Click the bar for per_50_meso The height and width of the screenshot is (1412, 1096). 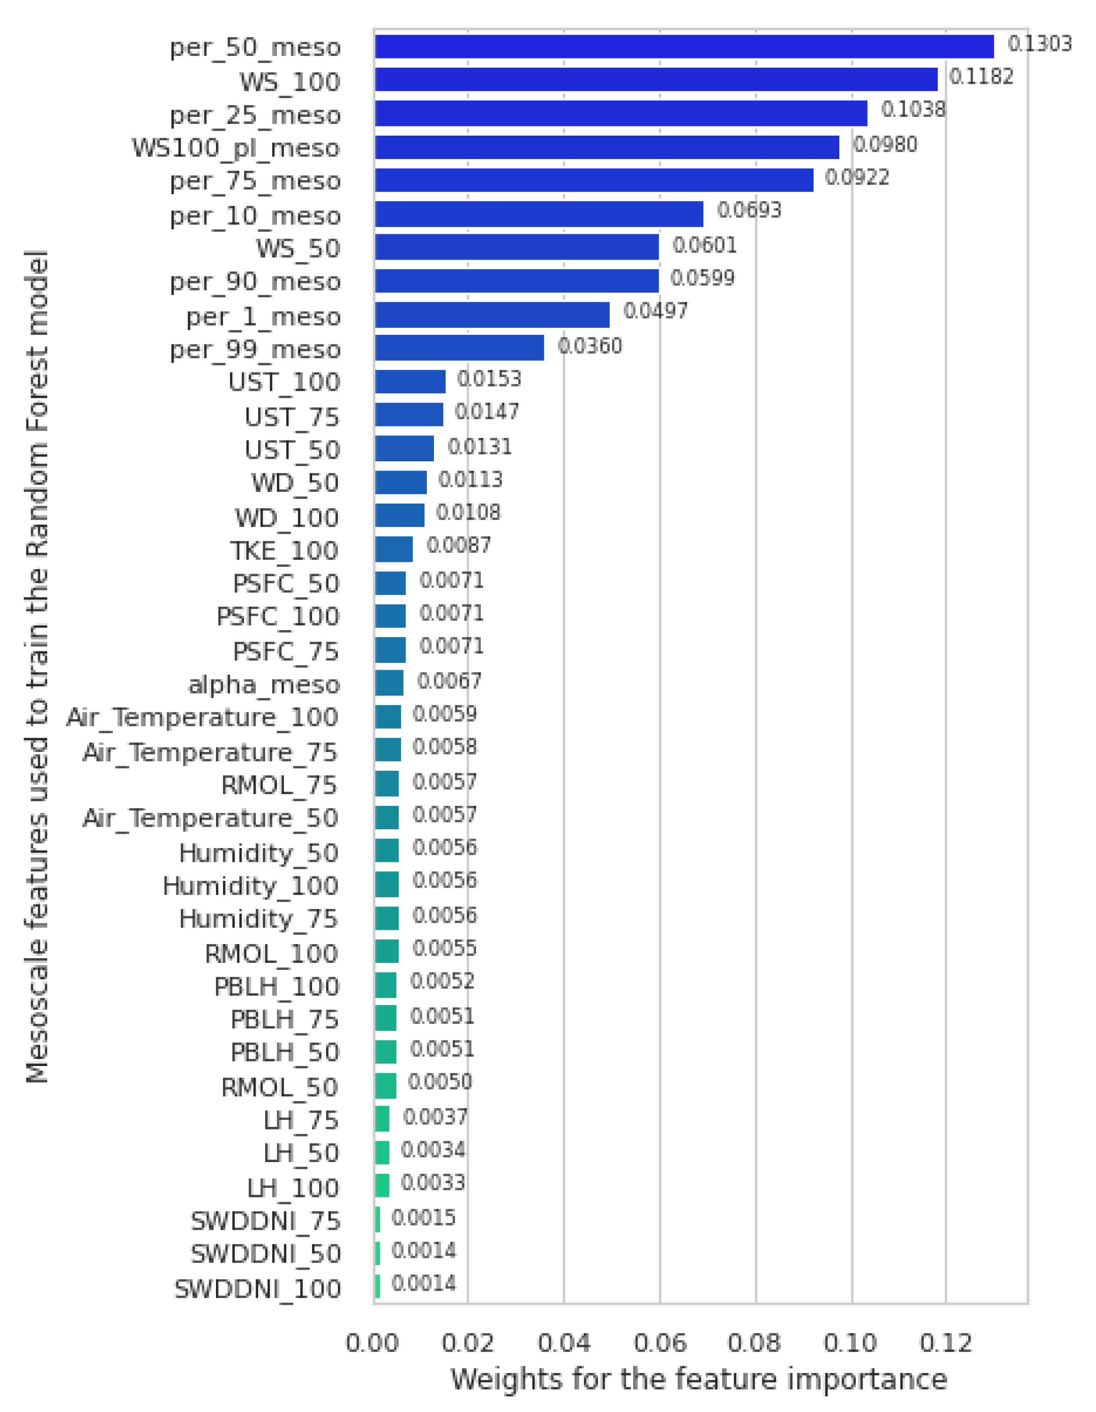click(683, 47)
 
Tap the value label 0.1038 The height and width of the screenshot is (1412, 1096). click(913, 109)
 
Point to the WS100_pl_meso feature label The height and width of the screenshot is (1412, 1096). click(236, 148)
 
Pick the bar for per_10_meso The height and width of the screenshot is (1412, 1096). click(539, 214)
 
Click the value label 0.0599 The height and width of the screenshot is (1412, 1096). click(702, 278)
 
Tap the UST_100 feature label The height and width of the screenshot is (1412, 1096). click(284, 382)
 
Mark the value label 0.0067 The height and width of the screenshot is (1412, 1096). click(449, 681)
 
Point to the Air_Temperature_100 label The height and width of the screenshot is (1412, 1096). click(202, 717)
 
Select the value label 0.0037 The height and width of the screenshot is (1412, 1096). click(434, 1116)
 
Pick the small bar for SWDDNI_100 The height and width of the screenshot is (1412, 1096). click(377, 1287)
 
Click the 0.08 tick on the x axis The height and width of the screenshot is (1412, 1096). click(755, 1343)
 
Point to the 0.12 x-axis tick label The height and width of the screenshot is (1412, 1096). click(945, 1343)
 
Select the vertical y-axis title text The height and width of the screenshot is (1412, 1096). click(37, 666)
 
